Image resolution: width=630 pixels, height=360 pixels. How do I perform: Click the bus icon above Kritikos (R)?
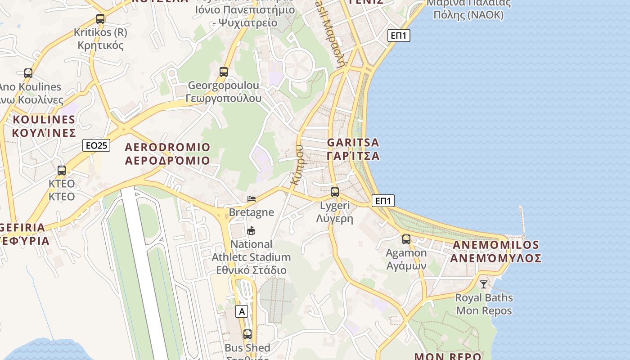point(100,19)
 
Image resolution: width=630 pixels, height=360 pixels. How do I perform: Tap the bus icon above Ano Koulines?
point(28,73)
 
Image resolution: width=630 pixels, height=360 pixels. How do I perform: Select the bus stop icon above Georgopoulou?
point(224,72)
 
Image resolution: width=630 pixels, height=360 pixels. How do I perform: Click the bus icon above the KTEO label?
point(62,171)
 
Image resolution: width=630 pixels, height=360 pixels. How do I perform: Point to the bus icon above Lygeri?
point(335,192)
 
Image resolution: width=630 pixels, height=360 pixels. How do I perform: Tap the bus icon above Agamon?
point(406,239)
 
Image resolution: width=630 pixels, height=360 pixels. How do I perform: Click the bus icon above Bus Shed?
point(247,334)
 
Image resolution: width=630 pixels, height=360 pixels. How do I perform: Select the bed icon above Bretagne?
point(252,198)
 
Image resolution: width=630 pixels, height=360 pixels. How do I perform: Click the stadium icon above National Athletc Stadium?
point(251,231)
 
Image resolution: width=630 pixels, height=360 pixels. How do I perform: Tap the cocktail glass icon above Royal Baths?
point(484,284)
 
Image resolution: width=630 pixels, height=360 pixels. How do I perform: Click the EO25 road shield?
point(97,145)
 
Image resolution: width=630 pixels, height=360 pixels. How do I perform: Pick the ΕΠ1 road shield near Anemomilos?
point(383,201)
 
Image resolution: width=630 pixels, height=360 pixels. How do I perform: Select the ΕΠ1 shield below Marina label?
point(399,36)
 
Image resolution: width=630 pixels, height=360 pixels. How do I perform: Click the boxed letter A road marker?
point(242,311)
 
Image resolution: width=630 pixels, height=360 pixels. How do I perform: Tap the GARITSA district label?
point(353,149)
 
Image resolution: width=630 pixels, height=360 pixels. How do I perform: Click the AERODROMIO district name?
point(167,153)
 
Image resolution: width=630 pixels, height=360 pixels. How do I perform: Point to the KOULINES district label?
point(44,126)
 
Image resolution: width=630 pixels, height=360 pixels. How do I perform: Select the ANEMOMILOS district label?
point(495,252)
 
